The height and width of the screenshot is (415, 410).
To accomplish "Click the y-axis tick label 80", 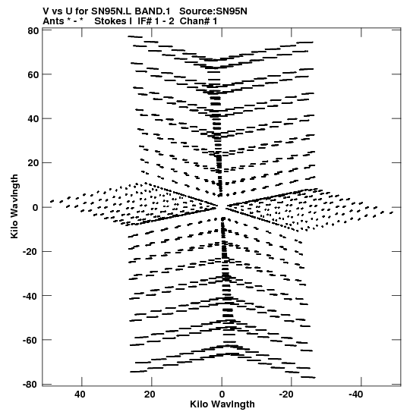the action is pyautogui.click(x=33, y=31).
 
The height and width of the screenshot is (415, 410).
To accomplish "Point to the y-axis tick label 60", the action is pyautogui.click(x=33, y=75).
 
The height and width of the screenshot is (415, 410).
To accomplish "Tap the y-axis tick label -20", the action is pyautogui.click(x=30, y=252).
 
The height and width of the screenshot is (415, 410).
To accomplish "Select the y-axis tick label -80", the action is pyautogui.click(x=30, y=385).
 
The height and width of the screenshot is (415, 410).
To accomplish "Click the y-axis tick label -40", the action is pyautogui.click(x=30, y=296).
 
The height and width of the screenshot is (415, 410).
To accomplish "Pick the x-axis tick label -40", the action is pyautogui.click(x=355, y=395).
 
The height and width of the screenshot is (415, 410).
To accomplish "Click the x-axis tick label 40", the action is pyautogui.click(x=80, y=395).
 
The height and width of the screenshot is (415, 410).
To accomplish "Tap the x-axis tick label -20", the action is pyautogui.click(x=286, y=395).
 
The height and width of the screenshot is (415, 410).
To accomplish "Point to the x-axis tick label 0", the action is pyautogui.click(x=222, y=395).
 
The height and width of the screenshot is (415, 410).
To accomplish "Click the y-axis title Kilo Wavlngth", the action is pyautogui.click(x=14, y=206).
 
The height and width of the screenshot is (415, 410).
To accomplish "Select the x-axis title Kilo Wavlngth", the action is pyautogui.click(x=222, y=404).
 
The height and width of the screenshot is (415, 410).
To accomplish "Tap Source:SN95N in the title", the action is pyautogui.click(x=213, y=11).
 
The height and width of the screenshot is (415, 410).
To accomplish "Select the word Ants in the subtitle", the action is pyautogui.click(x=53, y=21).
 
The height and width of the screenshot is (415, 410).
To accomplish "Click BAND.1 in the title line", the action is pyautogui.click(x=153, y=11).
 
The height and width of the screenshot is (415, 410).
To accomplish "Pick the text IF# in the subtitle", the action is pyautogui.click(x=145, y=21).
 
